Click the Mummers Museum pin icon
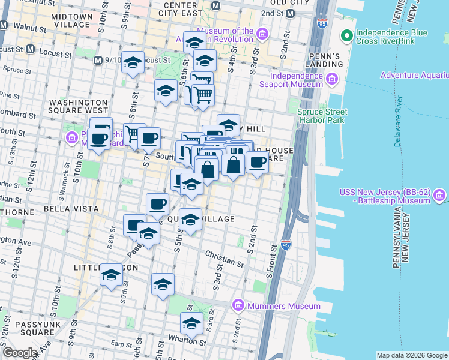(x=238, y=306)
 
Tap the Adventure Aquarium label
(x=414, y=76)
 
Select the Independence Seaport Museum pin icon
(x=331, y=79)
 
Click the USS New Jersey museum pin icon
(x=439, y=196)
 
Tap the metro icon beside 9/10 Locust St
(x=98, y=61)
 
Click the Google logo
(x=20, y=353)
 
